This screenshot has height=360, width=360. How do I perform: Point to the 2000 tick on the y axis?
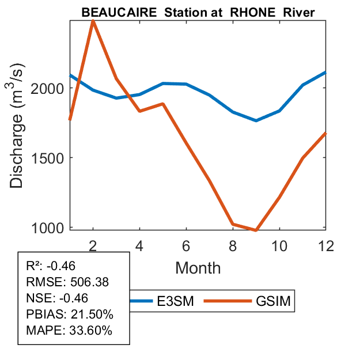(50, 88)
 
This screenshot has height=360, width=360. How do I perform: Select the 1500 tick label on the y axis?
(50, 158)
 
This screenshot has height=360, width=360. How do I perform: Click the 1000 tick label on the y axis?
(50, 228)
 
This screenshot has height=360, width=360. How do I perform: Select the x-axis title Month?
(198, 267)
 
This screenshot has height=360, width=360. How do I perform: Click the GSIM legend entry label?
(271, 301)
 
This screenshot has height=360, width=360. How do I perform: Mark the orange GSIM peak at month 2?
(93, 21)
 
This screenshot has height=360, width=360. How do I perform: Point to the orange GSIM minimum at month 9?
(256, 230)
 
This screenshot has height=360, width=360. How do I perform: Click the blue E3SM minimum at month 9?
(256, 120)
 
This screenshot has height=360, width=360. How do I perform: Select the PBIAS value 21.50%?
(92, 314)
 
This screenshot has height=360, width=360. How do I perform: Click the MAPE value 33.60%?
(90, 331)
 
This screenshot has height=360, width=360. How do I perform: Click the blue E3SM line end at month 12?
(325, 73)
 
